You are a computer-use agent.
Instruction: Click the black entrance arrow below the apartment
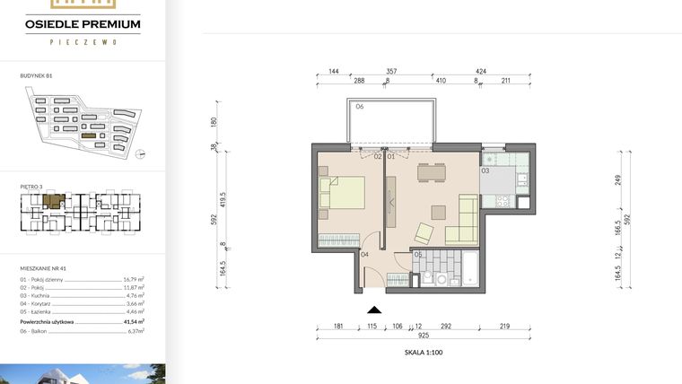pyautogui.click(x=375, y=309)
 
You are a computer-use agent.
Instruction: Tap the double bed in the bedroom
pyautogui.click(x=342, y=194)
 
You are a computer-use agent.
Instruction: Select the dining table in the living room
pyautogui.click(x=432, y=172)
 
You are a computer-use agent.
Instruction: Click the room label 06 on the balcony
pyautogui.click(x=358, y=107)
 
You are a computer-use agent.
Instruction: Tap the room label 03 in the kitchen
pyautogui.click(x=485, y=169)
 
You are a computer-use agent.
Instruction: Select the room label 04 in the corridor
pyautogui.click(x=364, y=254)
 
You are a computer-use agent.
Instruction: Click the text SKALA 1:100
pyautogui.click(x=424, y=353)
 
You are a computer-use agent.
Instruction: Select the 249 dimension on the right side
pyautogui.click(x=619, y=179)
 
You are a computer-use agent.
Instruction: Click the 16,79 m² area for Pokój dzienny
pyautogui.click(x=134, y=280)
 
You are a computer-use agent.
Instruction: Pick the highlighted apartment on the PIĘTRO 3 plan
pyautogui.click(x=55, y=202)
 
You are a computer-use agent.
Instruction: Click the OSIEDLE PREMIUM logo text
pyautogui.click(x=83, y=24)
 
